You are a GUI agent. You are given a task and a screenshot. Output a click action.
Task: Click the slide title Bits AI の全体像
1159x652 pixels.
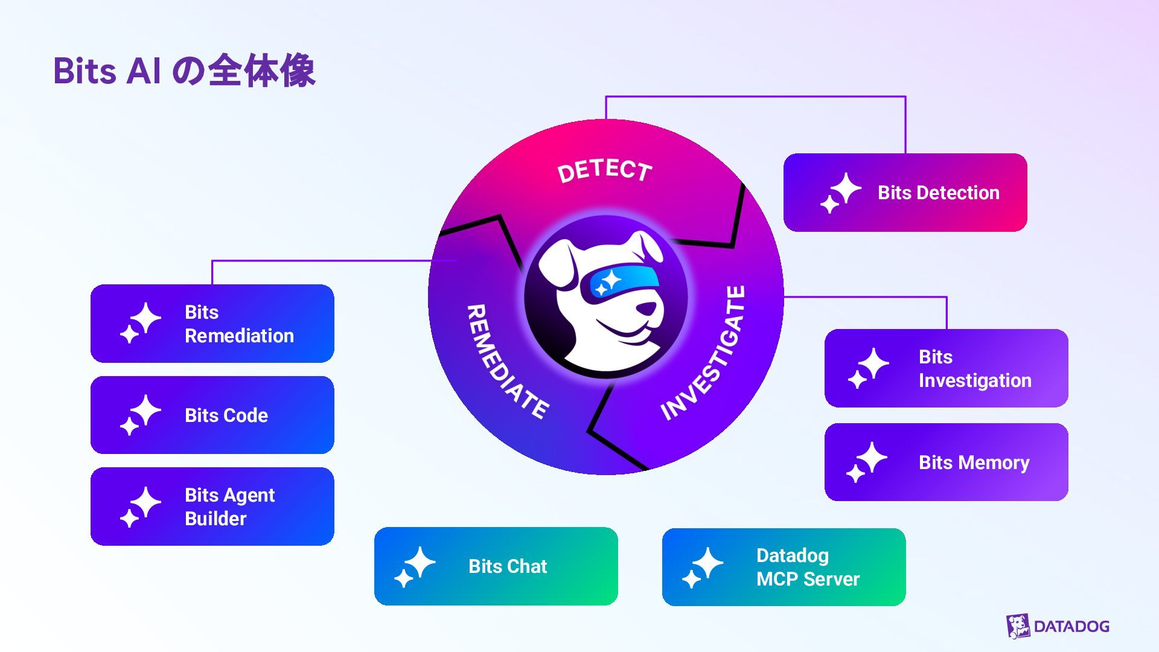[x=184, y=71]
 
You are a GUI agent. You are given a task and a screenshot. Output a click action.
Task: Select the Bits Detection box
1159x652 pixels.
[x=905, y=193]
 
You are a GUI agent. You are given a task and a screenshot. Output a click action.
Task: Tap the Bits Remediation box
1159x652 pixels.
[x=212, y=324]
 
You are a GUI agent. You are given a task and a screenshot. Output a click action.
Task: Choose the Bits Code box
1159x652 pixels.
[x=212, y=415]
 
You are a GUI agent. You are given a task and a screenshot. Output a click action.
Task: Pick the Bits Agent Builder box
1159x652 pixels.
[x=212, y=507]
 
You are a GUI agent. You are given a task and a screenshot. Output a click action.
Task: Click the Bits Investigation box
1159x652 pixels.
[x=946, y=368]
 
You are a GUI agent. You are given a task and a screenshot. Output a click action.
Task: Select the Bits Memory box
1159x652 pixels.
[x=946, y=462]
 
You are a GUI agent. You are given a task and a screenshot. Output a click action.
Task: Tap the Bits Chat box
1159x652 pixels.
[x=496, y=566]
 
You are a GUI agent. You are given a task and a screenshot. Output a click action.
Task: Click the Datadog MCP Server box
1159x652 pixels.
[x=784, y=567]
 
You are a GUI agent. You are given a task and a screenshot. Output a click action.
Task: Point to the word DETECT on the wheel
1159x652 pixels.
[x=604, y=171]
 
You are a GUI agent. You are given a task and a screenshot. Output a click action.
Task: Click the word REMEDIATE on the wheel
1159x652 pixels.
[x=506, y=361]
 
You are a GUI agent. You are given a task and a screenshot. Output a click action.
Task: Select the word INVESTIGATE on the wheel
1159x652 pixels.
[x=704, y=353]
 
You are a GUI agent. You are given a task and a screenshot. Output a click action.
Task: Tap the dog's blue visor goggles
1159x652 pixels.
[x=620, y=282]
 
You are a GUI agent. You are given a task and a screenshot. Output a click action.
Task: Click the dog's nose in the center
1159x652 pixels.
[x=647, y=308]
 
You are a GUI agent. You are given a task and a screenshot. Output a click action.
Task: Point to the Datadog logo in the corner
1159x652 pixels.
[x=1058, y=626]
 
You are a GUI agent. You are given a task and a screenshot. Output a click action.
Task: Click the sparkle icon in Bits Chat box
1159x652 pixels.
[x=415, y=567]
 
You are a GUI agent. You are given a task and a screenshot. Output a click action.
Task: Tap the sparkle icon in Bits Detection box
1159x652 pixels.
[x=841, y=193]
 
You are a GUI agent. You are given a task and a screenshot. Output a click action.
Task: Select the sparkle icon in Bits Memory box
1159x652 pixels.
[x=866, y=462]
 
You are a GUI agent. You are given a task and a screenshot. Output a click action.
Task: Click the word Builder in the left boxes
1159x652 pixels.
[x=216, y=519]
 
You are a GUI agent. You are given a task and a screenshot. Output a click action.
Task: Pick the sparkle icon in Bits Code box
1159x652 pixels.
[x=141, y=415]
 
